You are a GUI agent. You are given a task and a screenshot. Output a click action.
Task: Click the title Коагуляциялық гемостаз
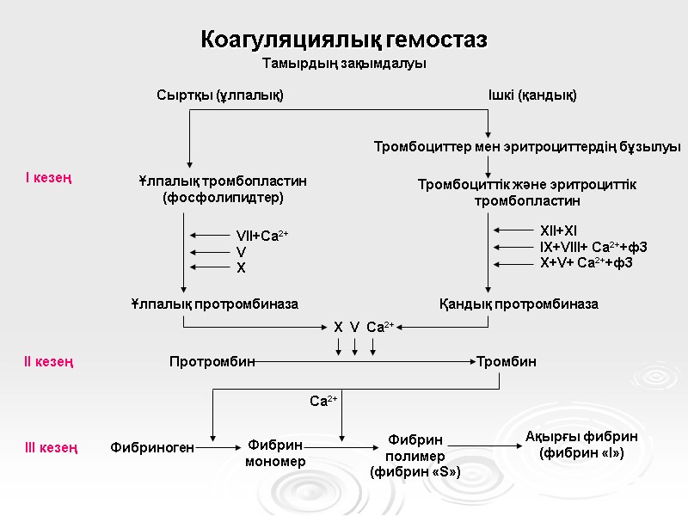[x=344, y=40]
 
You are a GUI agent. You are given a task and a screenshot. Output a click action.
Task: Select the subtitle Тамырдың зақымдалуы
[x=344, y=64]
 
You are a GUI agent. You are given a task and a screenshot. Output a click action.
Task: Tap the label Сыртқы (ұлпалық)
[x=219, y=95]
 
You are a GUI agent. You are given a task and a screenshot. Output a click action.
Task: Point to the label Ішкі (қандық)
[x=531, y=95]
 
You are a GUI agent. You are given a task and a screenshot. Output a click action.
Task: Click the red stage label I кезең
[x=48, y=178]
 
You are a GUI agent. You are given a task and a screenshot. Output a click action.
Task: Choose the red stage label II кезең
[x=48, y=362]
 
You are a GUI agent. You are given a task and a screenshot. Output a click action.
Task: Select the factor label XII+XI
[x=558, y=230]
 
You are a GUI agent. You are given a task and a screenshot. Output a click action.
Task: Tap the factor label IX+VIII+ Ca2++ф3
[x=593, y=247]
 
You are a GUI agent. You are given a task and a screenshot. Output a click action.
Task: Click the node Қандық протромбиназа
[x=519, y=304]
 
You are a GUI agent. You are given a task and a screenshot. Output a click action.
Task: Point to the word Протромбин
[x=212, y=362]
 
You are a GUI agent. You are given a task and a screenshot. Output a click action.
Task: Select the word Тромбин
[x=507, y=362]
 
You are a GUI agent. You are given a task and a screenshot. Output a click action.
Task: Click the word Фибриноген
[x=152, y=447]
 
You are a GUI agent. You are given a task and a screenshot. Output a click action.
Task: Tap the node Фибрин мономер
[x=275, y=453]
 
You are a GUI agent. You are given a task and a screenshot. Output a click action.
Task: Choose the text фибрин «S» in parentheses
[x=415, y=472]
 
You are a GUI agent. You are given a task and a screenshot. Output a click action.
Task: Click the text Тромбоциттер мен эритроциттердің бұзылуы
[x=527, y=146]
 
